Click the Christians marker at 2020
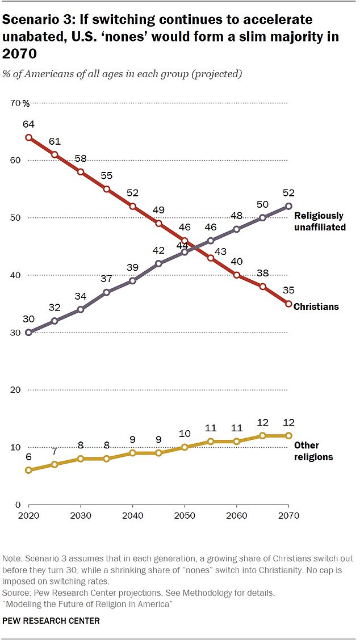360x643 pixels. click(28, 137)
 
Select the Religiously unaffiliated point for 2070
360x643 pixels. click(288, 206)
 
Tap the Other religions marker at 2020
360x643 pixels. click(28, 470)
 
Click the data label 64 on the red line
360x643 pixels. click(28, 124)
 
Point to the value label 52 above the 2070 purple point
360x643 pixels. click(288, 192)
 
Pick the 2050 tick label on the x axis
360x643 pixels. click(185, 516)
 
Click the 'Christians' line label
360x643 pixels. click(316, 306)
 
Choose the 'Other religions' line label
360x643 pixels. click(313, 451)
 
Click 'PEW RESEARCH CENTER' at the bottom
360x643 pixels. click(52, 621)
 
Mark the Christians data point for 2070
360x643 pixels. click(288, 304)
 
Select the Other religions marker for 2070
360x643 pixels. click(288, 435)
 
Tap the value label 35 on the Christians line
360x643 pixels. click(288, 290)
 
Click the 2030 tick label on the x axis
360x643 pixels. click(81, 516)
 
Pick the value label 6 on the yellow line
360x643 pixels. click(28, 456)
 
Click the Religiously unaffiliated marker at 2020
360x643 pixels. click(28, 333)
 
